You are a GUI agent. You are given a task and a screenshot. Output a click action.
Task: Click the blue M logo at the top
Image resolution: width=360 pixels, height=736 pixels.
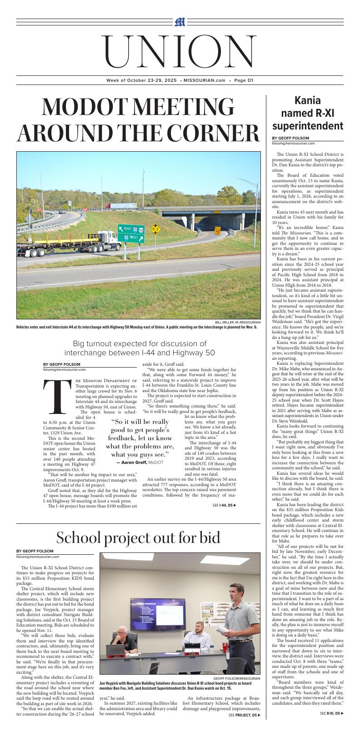[x=180, y=22]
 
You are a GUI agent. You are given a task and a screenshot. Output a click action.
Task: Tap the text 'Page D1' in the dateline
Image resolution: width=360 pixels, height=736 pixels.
[x=244, y=80]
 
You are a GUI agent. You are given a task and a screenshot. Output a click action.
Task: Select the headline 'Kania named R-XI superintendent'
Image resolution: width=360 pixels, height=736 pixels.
[x=308, y=113]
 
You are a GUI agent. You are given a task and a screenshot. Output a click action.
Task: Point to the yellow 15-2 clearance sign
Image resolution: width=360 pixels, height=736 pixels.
[x=155, y=229]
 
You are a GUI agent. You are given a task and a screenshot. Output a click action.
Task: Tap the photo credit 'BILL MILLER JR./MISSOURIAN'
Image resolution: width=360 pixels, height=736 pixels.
[x=238, y=322]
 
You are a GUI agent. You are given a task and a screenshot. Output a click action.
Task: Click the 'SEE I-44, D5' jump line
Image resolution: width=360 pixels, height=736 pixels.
[x=224, y=505]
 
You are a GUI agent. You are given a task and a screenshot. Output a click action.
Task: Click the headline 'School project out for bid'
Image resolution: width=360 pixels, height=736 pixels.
[x=138, y=537]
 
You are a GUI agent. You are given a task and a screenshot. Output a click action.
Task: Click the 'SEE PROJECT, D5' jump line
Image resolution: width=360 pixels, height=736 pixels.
[x=245, y=715]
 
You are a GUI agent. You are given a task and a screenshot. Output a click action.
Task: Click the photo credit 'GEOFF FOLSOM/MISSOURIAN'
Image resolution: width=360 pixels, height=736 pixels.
[x=236, y=678]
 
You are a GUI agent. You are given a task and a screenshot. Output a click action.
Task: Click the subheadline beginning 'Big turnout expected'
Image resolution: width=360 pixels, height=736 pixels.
[x=140, y=348]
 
